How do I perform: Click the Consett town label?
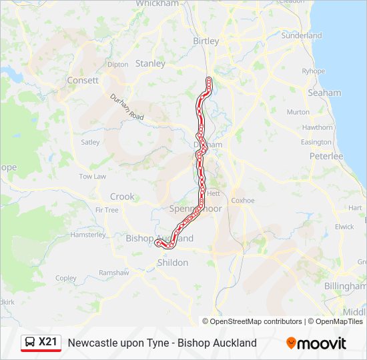(x=83, y=80)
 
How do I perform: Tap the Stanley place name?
(x=150, y=64)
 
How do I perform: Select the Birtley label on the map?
(x=206, y=41)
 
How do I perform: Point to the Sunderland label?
(x=301, y=35)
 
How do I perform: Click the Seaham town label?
(x=324, y=93)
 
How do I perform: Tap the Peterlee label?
(x=326, y=156)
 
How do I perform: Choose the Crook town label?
(x=122, y=197)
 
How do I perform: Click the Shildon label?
(x=172, y=263)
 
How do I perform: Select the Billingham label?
(x=345, y=285)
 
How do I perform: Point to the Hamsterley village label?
(x=87, y=235)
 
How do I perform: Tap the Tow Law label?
(x=92, y=177)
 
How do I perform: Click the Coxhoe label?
(x=242, y=200)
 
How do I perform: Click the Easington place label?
(x=316, y=142)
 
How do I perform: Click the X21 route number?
(x=49, y=343)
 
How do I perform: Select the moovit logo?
(x=316, y=343)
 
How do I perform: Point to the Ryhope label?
(x=313, y=71)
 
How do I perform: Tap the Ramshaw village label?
(x=113, y=273)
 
